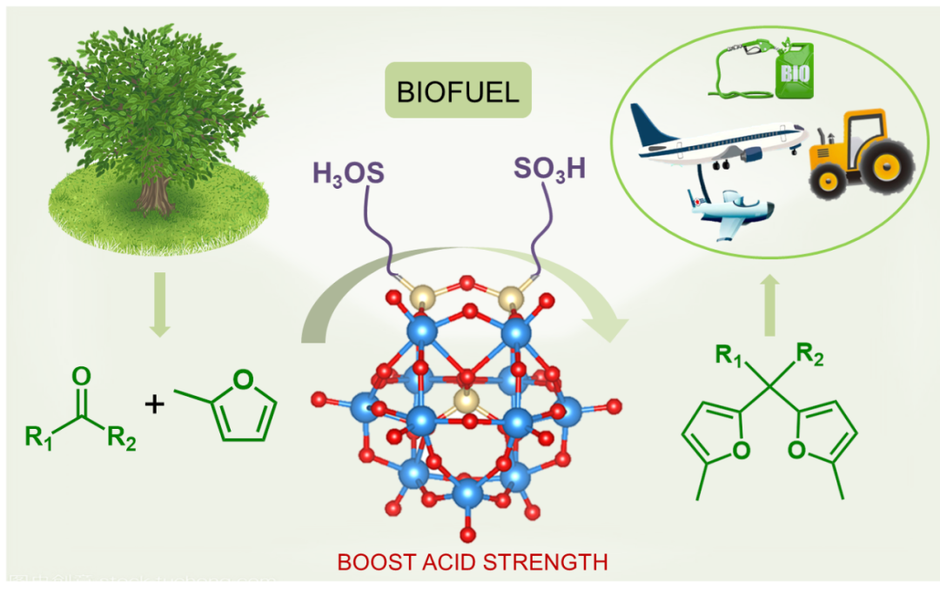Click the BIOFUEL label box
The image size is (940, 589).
pos(458,90)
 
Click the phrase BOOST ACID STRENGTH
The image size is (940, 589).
pos(473,561)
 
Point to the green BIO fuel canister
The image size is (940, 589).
pos(794,70)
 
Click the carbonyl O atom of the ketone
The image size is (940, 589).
pos(81,377)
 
